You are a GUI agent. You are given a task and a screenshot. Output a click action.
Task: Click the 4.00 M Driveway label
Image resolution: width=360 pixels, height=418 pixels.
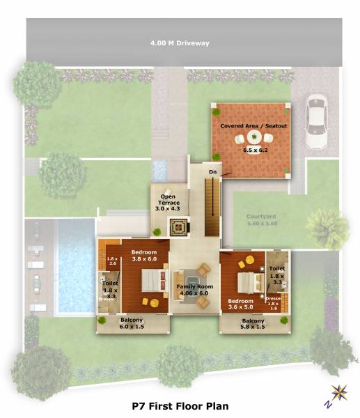[x=180, y=43]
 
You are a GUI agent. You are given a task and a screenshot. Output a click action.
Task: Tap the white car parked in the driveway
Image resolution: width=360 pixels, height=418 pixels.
[x=317, y=123]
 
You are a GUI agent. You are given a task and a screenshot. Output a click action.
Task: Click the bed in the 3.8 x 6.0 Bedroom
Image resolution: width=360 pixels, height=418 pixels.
[x=151, y=280]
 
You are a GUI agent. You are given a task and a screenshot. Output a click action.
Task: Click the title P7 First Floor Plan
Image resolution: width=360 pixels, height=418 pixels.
[x=180, y=405]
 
